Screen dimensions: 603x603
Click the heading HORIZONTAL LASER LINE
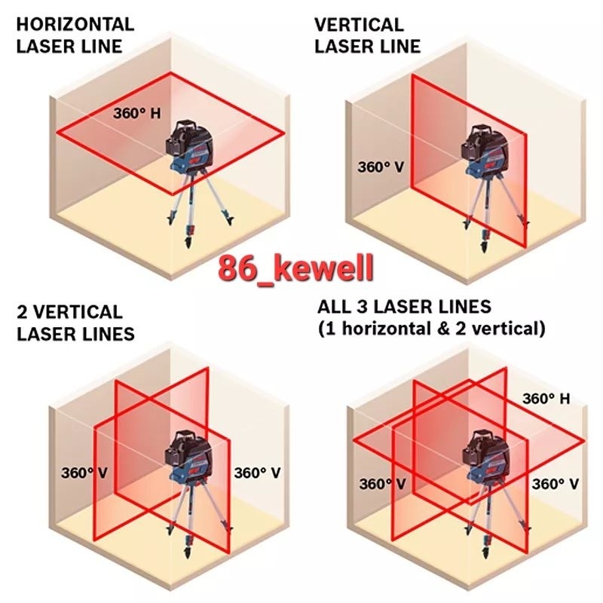75,35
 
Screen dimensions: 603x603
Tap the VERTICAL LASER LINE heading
367,35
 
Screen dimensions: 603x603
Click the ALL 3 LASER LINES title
405,307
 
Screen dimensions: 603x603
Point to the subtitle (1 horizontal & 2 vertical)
430,329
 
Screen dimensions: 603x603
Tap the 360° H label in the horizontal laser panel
136,114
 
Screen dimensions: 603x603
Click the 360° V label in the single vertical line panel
381,165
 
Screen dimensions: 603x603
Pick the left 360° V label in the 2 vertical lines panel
84,473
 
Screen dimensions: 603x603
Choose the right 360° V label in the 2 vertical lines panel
258,473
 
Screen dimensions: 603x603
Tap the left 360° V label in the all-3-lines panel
382,484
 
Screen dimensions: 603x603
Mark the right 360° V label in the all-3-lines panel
556,484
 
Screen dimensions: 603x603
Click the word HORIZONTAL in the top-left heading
75,24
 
